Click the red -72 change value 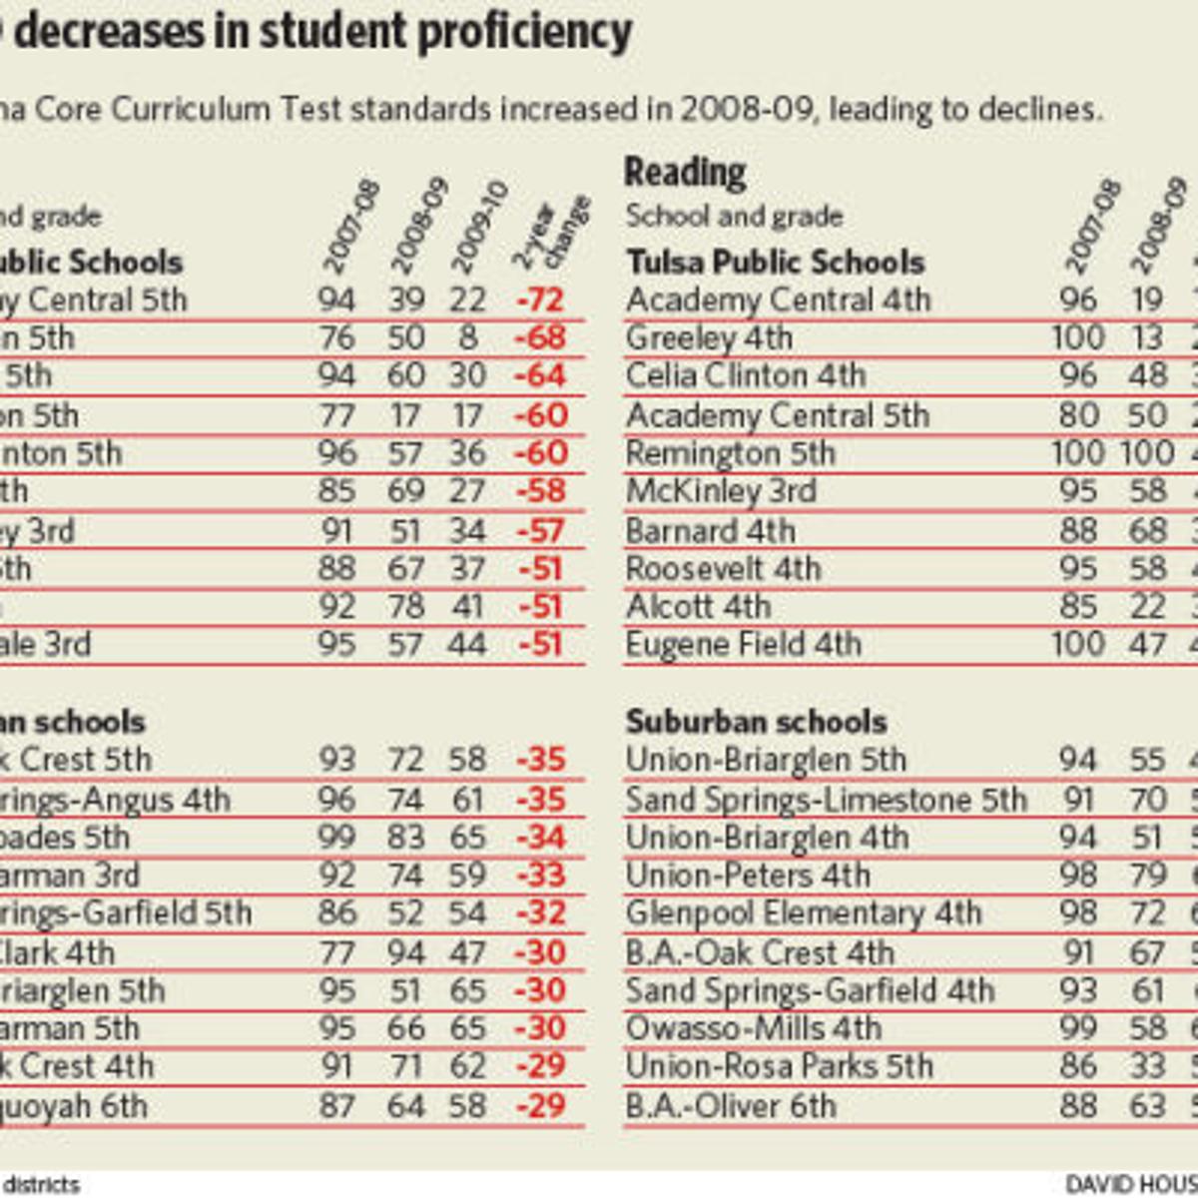(x=541, y=300)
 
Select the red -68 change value (x=540, y=338)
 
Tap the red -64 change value (x=540, y=376)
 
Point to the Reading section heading (x=685, y=173)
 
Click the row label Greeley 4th (x=709, y=338)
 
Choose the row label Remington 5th (x=730, y=453)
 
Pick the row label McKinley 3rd (x=721, y=491)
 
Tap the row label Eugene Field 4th (x=743, y=645)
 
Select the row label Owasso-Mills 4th (x=754, y=1028)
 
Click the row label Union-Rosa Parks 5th (x=779, y=1066)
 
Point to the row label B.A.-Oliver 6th (x=731, y=1106)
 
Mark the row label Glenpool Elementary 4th (x=804, y=913)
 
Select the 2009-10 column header (x=480, y=228)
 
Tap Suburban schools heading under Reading (x=756, y=722)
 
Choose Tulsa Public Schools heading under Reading (x=776, y=263)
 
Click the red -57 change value (x=540, y=531)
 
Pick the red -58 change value (x=540, y=491)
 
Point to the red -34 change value (x=540, y=838)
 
